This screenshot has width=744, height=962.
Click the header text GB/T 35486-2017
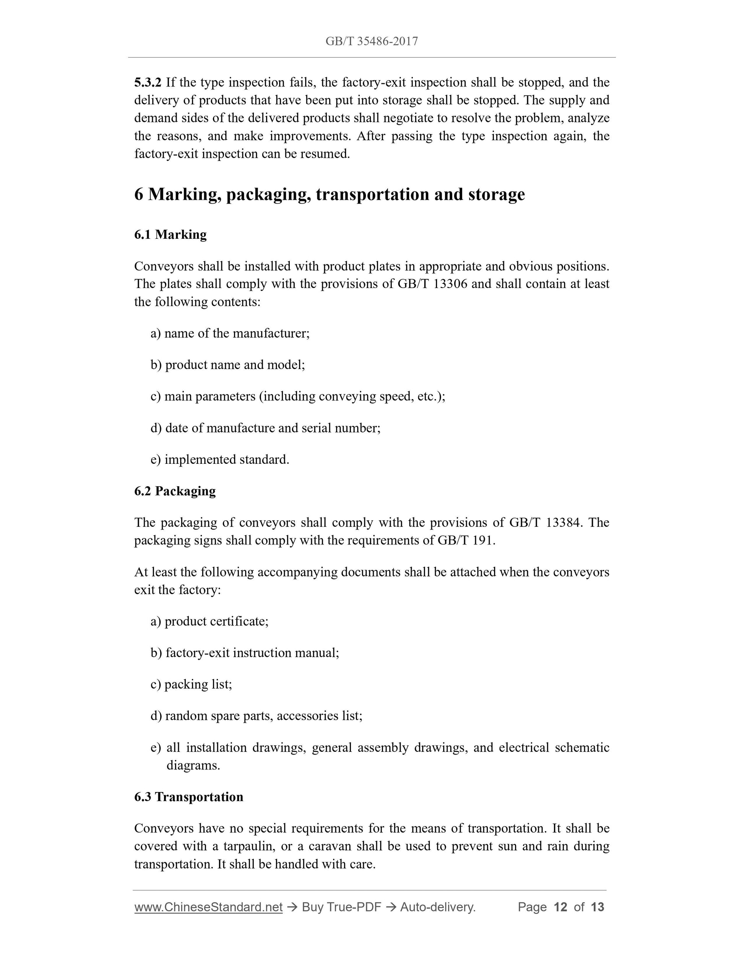372,41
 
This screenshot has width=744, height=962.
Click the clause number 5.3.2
148,83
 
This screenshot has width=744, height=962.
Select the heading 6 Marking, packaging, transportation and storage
329,194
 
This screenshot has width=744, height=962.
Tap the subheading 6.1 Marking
170,234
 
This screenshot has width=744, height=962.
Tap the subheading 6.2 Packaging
175,491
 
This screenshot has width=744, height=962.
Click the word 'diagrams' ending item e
193,766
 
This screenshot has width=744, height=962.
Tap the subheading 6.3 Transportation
188,797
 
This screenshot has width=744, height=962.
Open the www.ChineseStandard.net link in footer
208,907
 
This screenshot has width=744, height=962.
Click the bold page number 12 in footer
560,907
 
